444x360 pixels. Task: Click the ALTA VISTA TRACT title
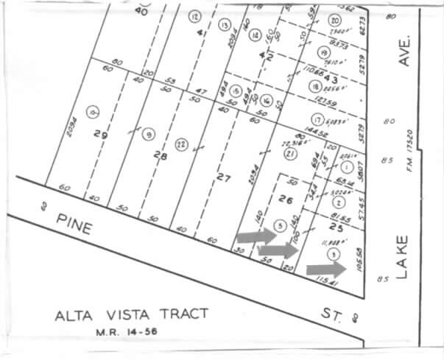tap(131, 315)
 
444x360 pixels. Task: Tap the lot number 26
tap(289, 199)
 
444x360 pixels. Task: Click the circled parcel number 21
tap(291, 154)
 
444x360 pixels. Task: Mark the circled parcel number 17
tap(317, 119)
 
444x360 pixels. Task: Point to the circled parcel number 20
tap(335, 21)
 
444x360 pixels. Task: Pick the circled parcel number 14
tap(255, 35)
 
